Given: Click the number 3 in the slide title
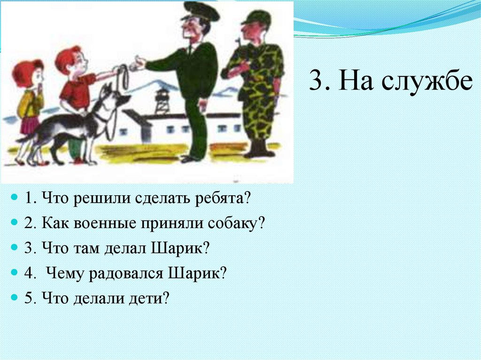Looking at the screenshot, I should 315,83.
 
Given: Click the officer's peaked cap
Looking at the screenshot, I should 201,11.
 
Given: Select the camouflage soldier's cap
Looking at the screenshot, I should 256,18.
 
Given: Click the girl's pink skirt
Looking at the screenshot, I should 30,125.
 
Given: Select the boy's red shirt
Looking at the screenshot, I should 77,92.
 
